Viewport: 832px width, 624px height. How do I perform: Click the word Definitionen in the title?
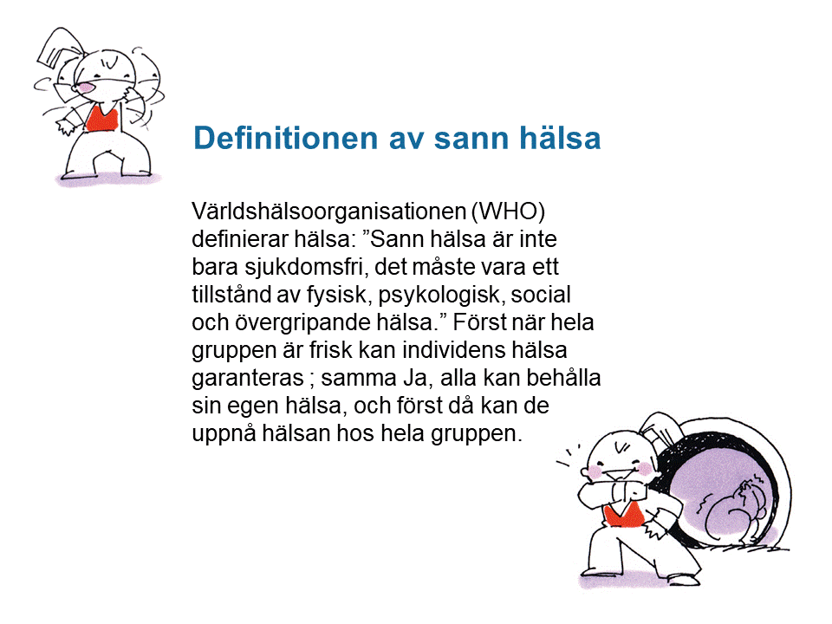[x=285, y=138]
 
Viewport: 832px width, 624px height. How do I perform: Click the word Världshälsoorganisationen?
[x=329, y=212]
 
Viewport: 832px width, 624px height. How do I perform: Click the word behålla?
[x=563, y=378]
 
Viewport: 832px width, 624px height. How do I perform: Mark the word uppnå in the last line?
[x=223, y=434]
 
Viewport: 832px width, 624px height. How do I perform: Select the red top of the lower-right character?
[x=624, y=516]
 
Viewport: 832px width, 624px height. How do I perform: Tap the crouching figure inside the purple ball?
[x=735, y=510]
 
